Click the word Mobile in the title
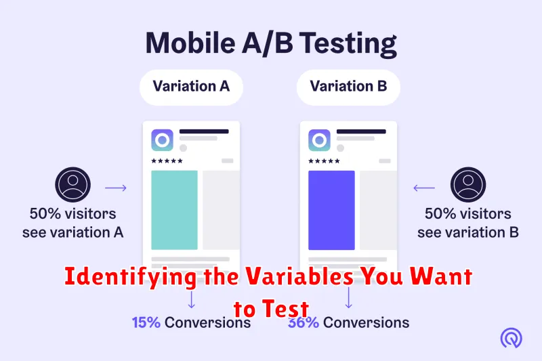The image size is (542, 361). pos(190,43)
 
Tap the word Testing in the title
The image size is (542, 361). pos(348,45)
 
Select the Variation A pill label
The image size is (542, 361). pos(191,87)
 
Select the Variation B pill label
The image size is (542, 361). pos(348,87)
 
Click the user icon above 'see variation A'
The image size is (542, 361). pos(73,184)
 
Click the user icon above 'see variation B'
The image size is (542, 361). pos(468,184)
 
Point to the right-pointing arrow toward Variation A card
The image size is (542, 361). pos(116,188)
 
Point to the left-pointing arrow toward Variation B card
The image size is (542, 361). pos(424,188)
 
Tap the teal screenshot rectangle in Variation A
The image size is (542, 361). pos(174,210)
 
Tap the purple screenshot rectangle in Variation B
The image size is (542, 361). pos(331,210)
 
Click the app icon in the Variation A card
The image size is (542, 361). pos(162,140)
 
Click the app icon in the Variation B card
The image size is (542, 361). pos(319,140)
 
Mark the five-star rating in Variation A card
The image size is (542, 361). pos(167,161)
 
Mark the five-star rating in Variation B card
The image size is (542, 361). pos(324,161)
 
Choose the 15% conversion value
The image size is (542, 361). pos(146,322)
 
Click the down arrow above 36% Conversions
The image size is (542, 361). pos(348,297)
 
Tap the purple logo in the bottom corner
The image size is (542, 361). pos(512,338)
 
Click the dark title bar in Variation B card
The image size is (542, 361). pos(361,131)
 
